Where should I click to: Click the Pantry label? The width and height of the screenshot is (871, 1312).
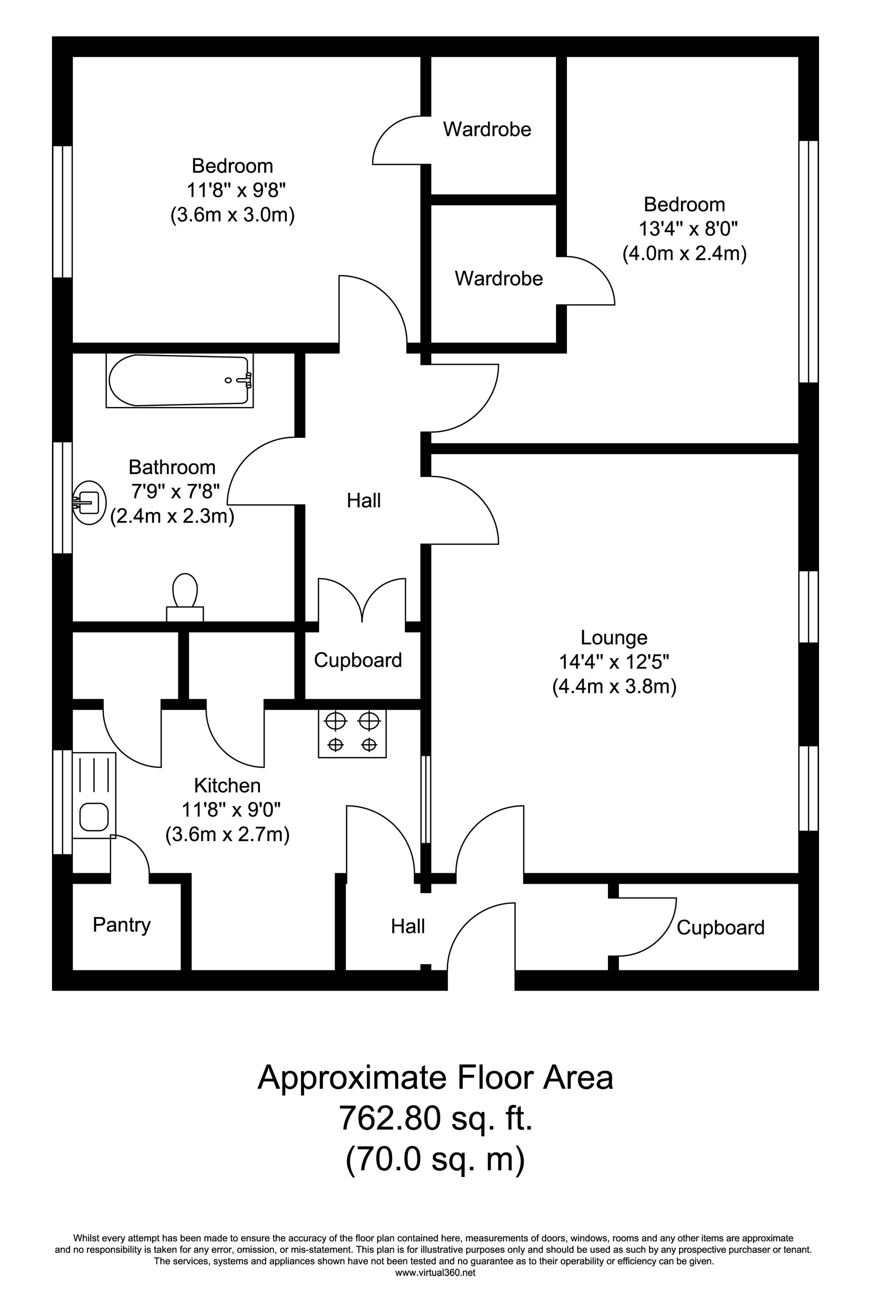coord(122,924)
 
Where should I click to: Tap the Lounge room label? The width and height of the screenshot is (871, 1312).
coord(614,637)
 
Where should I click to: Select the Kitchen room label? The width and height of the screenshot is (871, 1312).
coord(227,786)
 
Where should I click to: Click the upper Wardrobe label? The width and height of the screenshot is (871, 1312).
coord(487,129)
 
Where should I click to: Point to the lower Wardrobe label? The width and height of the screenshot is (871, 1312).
coord(498,278)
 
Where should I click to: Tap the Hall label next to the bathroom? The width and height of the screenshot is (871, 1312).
coord(364,501)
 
